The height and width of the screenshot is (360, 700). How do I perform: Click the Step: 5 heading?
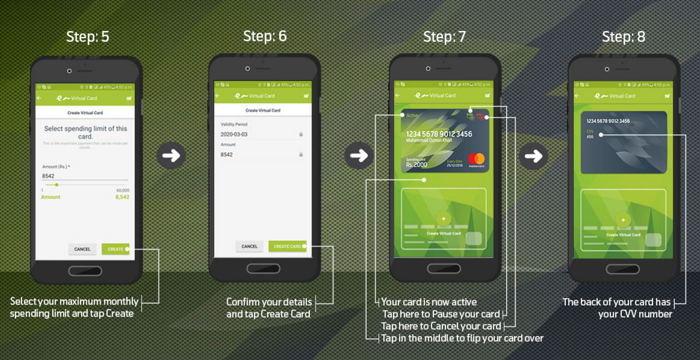88,37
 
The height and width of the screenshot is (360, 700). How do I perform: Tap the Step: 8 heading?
623,37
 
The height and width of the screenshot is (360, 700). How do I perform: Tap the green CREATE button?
115,249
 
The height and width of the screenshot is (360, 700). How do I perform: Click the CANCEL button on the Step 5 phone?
82,249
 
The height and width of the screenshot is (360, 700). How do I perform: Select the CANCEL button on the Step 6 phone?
249,246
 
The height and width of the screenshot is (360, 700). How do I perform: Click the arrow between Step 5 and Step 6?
171,156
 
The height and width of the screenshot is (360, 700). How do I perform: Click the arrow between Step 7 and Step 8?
533,156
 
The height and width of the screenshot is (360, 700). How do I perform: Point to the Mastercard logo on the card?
476,160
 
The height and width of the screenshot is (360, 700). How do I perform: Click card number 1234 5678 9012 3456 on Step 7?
439,134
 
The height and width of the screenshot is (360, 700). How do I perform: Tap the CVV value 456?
590,137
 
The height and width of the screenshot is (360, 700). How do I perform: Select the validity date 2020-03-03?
234,135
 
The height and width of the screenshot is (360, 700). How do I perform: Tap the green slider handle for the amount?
57,185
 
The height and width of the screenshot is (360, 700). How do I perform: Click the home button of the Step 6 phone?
264,268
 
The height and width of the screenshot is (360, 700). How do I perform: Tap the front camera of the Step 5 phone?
69,71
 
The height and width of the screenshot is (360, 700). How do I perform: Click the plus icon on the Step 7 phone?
444,219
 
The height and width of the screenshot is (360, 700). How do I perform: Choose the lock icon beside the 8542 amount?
301,154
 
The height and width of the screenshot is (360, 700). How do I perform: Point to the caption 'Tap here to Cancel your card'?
441,326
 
